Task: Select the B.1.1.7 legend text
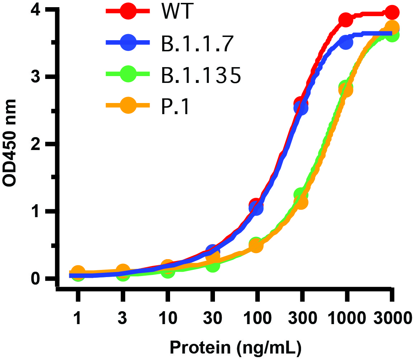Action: pos(195,43)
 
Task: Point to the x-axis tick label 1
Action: pos(78,319)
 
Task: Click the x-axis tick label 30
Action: pos(212,319)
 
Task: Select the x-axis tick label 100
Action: pos(257,319)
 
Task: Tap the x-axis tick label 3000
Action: pos(392,319)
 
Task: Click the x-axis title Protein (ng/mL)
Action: pos(235,347)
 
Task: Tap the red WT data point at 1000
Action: pos(346,20)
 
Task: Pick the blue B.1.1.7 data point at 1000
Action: pos(346,42)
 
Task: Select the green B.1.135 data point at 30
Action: pos(212,266)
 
